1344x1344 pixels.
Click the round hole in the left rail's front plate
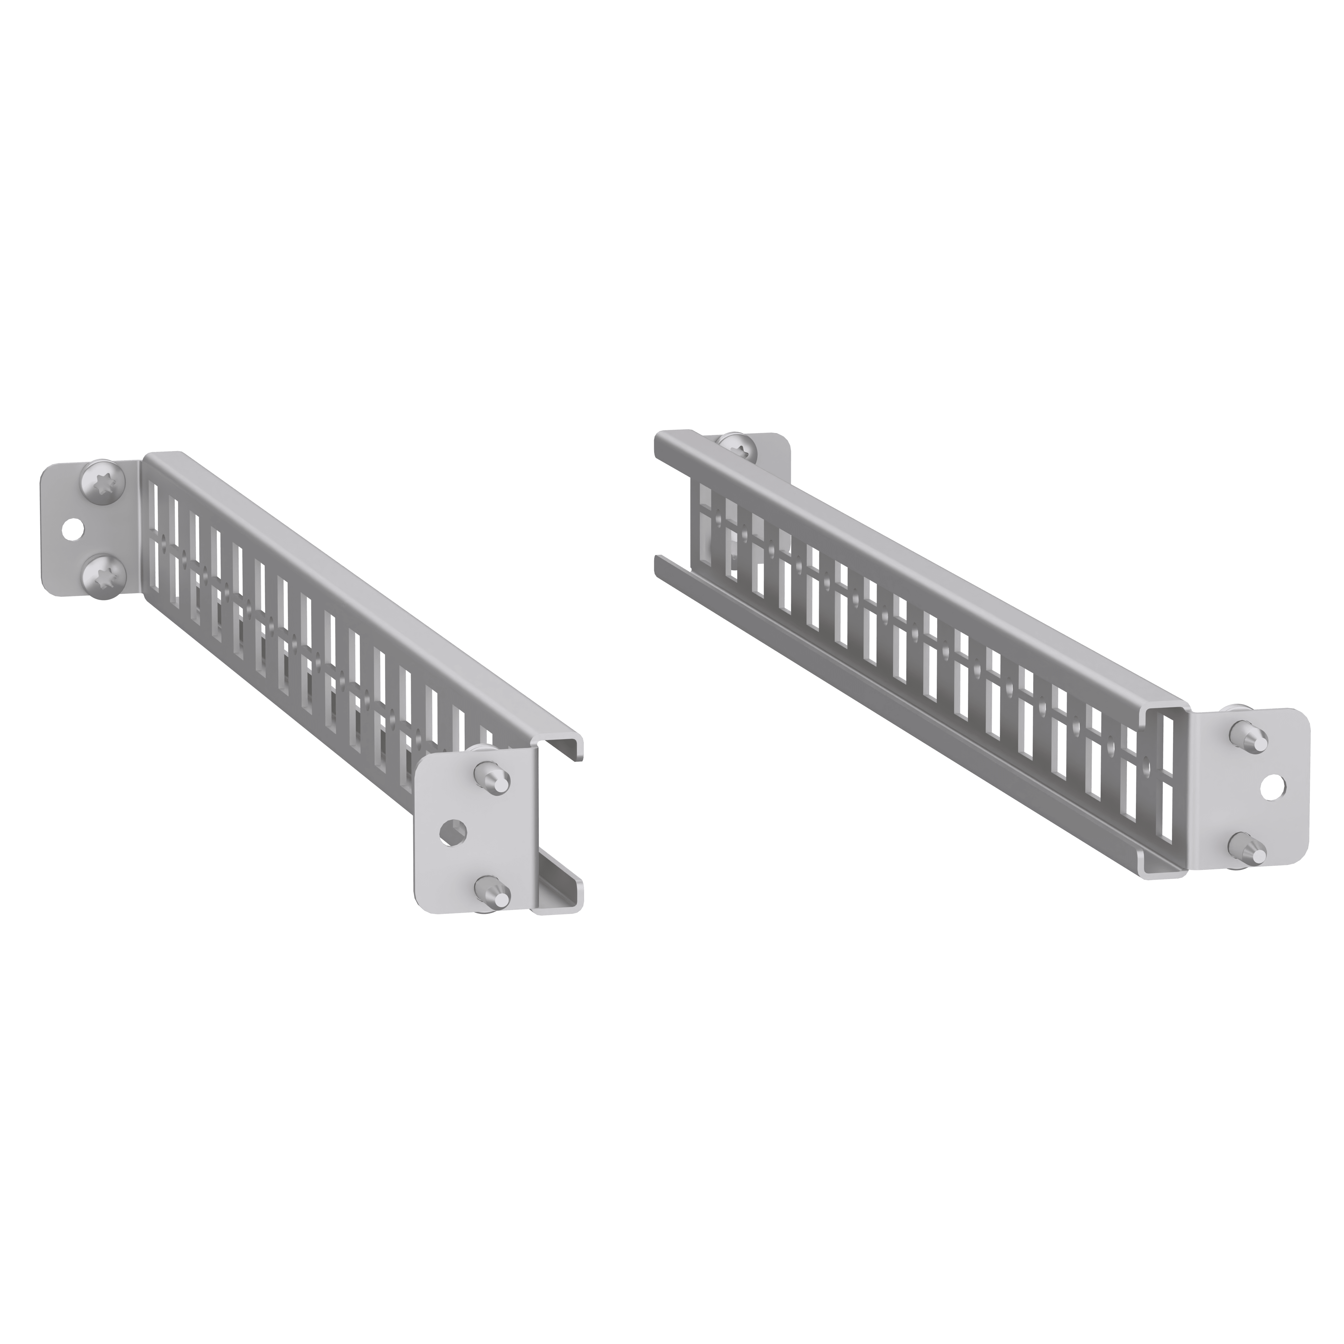click(x=453, y=832)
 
